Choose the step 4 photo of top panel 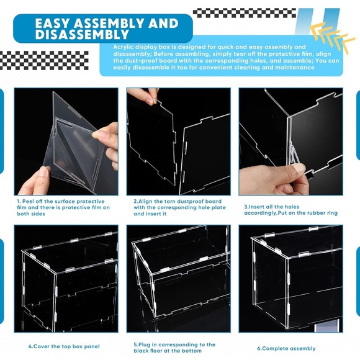tap(66, 279)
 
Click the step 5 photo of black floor tap(178, 279)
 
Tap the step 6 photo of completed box tap(290, 279)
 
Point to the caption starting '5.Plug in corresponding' tap(174, 347)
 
